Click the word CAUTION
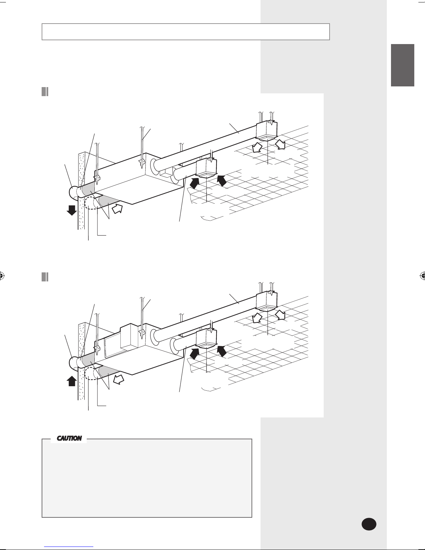pyautogui.click(x=69, y=438)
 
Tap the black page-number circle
pyautogui.click(x=369, y=524)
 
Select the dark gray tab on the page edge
pyautogui.click(x=402, y=65)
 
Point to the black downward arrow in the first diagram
pyautogui.click(x=72, y=210)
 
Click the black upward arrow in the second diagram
pyautogui.click(x=72, y=381)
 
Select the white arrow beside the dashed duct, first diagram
pyautogui.click(x=117, y=209)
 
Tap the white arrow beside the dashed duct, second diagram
pyautogui.click(x=118, y=379)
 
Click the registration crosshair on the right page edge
pyautogui.click(x=423, y=276)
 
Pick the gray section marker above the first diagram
pyautogui.click(x=45, y=92)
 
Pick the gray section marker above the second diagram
pyautogui.click(x=45, y=277)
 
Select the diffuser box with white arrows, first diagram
pyautogui.click(x=267, y=131)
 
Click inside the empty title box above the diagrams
pyautogui.click(x=185, y=32)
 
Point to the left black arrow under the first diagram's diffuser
pyautogui.click(x=194, y=183)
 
